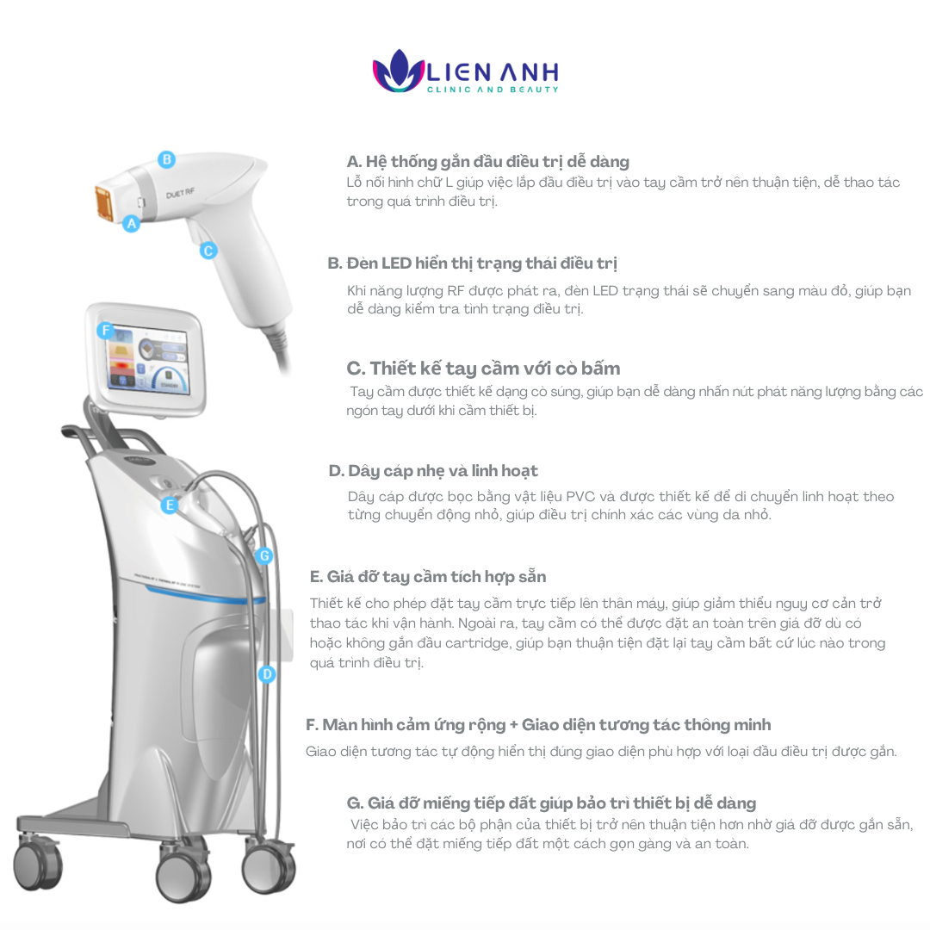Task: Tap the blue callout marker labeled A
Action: click(x=132, y=224)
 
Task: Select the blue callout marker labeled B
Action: click(x=167, y=159)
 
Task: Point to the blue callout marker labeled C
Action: click(x=208, y=251)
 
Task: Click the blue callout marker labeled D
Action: click(x=267, y=674)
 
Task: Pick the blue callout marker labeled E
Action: click(x=170, y=505)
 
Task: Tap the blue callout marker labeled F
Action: click(x=106, y=331)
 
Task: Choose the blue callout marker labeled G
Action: click(x=264, y=555)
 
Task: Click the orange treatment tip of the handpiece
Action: click(x=104, y=203)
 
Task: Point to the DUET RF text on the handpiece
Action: click(x=180, y=194)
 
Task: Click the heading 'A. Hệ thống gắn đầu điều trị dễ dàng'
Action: click(x=487, y=162)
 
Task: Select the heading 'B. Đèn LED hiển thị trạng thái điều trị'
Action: click(x=472, y=263)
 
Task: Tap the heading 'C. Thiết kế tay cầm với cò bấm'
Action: click(x=483, y=369)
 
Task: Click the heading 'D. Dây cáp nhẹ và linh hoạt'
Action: click(x=433, y=471)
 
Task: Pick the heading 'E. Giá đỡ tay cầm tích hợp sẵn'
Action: click(x=428, y=576)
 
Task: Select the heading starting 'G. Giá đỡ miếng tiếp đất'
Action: click(x=551, y=803)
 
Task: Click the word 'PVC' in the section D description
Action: click(x=580, y=497)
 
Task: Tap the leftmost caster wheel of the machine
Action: click(x=37, y=865)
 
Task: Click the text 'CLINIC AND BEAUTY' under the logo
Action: click(x=493, y=90)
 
